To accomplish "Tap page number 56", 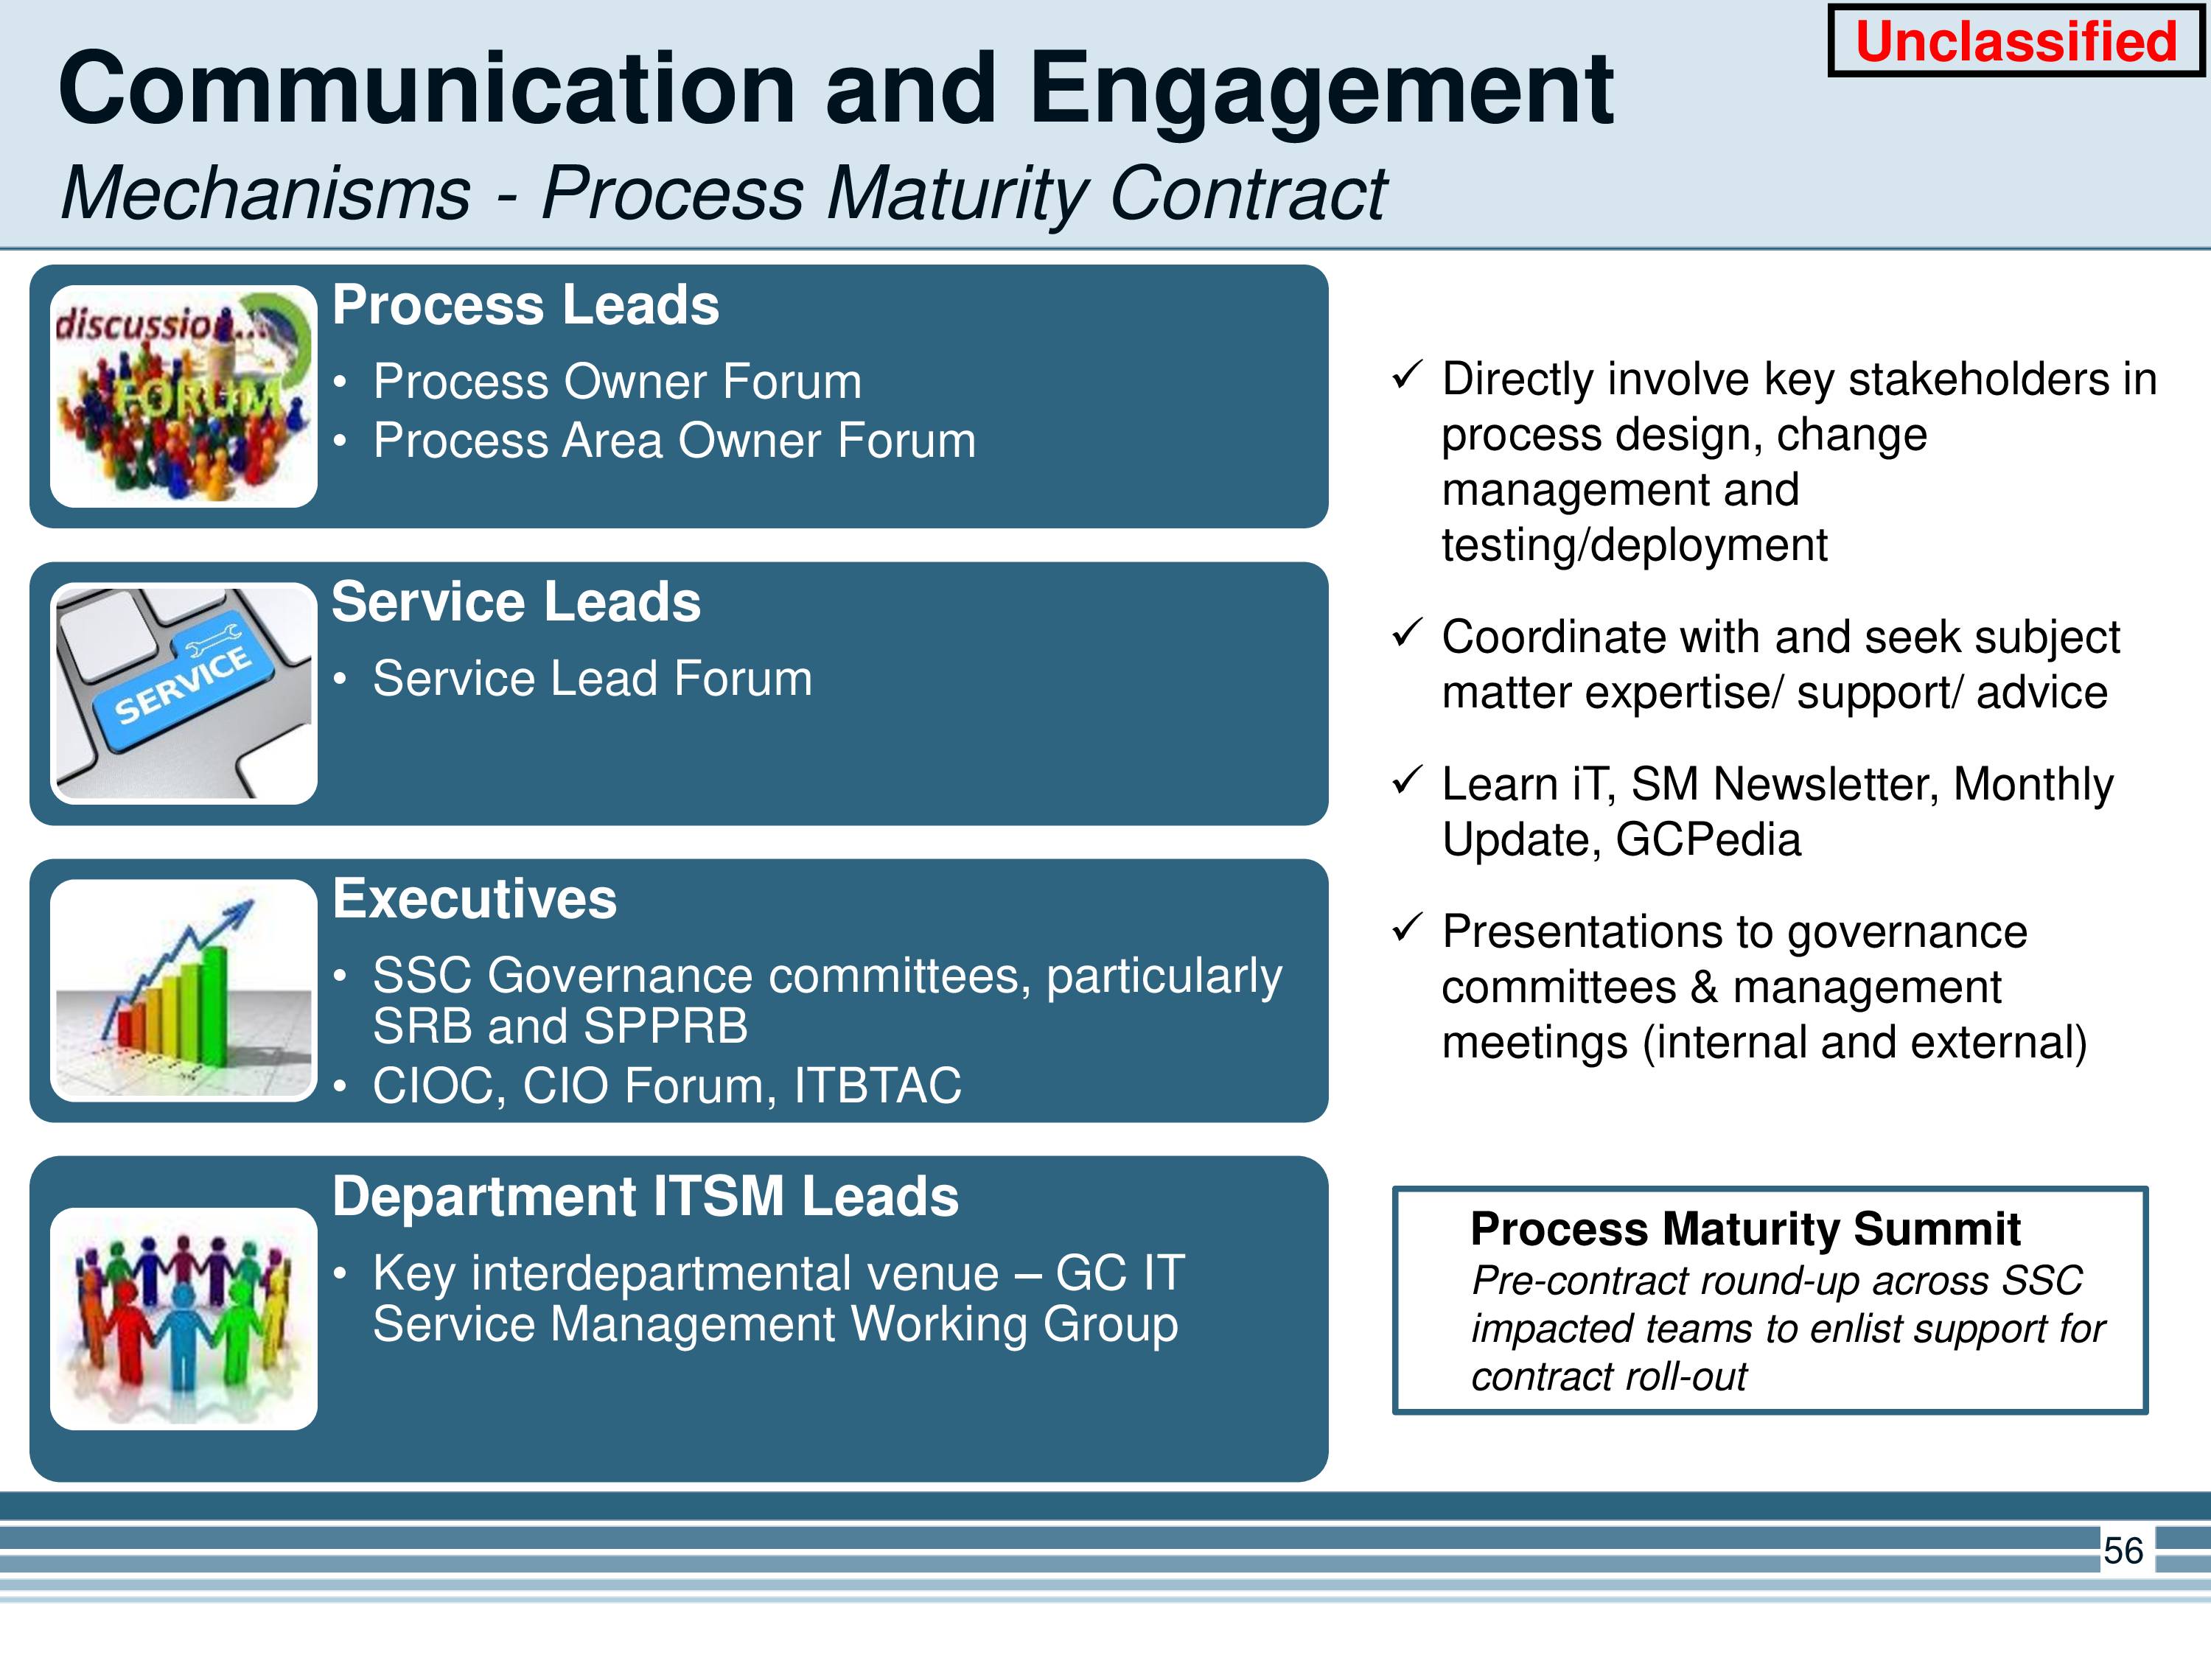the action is tap(2123, 1550).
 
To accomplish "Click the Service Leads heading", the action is tap(516, 601).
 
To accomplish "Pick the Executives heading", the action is tap(475, 898).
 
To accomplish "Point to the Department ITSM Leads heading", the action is tap(645, 1195).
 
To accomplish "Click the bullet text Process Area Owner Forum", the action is tap(674, 440).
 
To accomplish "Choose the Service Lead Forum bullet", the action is tap(593, 679).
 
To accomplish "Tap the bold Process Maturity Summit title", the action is tap(1745, 1228).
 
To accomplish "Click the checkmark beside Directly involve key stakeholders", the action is tap(1406, 376).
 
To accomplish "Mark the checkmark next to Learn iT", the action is tap(1406, 780).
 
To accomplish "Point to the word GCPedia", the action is tap(1708, 839).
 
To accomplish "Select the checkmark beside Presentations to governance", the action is tap(1406, 928).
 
